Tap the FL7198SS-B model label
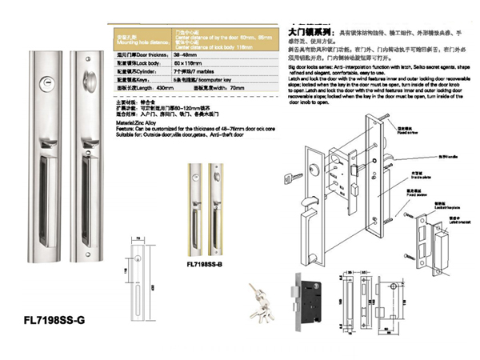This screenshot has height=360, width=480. (204, 263)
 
